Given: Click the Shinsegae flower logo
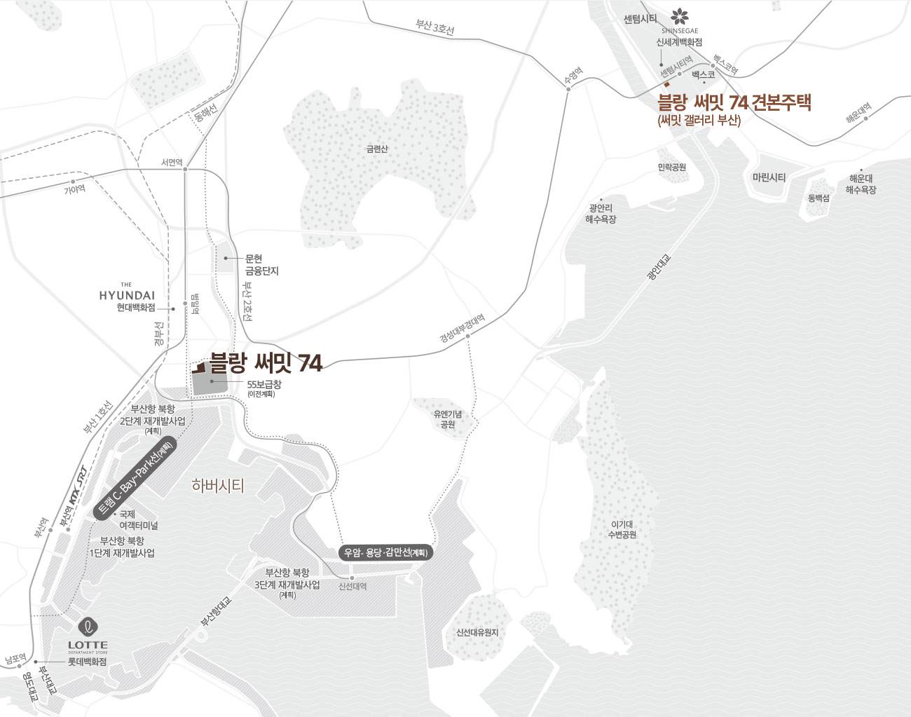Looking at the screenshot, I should click(679, 15).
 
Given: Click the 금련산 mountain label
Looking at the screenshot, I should click(376, 149).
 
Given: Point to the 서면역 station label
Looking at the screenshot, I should click(172, 162).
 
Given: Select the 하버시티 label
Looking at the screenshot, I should click(218, 486).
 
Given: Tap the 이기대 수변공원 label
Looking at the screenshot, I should click(623, 529).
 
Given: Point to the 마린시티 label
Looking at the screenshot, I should click(769, 177).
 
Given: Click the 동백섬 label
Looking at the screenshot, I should click(818, 198).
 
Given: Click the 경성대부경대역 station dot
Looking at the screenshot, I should click(467, 336).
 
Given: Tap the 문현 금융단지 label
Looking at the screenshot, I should click(262, 264).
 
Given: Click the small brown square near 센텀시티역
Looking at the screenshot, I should click(666, 92).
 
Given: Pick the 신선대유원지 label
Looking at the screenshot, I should click(477, 631).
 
